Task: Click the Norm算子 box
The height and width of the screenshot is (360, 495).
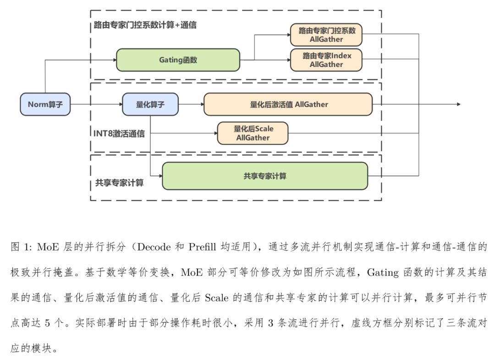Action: coord(45,105)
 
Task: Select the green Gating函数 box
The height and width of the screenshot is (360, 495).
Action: coord(178,60)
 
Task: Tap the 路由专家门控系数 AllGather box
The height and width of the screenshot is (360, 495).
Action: coord(326,35)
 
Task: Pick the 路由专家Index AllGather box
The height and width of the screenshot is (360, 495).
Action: coord(326,60)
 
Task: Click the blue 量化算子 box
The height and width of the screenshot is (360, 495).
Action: coord(150,105)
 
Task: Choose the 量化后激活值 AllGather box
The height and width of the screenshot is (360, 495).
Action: coord(288,105)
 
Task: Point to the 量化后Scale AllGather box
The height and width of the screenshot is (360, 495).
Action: coord(253,133)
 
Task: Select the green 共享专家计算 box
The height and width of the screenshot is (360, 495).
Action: coord(265,176)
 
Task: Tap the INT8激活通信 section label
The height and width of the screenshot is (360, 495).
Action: coord(119,134)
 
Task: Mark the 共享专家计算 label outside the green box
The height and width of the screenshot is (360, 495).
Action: coord(119,183)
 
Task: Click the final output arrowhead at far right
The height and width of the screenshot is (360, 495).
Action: coord(458,105)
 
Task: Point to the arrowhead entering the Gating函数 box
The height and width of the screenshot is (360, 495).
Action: coord(114,60)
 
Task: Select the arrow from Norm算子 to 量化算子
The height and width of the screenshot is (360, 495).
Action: coord(96,105)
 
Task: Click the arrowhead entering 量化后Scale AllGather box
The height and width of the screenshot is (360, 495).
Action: coord(215,133)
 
